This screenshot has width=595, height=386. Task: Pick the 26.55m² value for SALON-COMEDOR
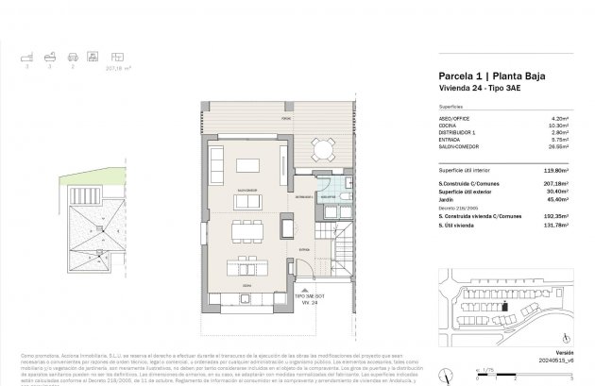[563, 146]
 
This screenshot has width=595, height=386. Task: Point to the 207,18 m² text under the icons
[93, 69]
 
